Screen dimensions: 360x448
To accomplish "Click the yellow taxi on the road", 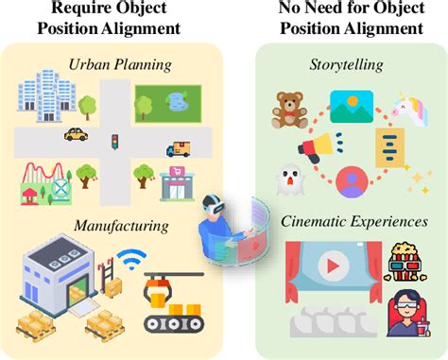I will [77, 134].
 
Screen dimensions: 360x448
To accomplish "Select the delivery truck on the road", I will [178, 148].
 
